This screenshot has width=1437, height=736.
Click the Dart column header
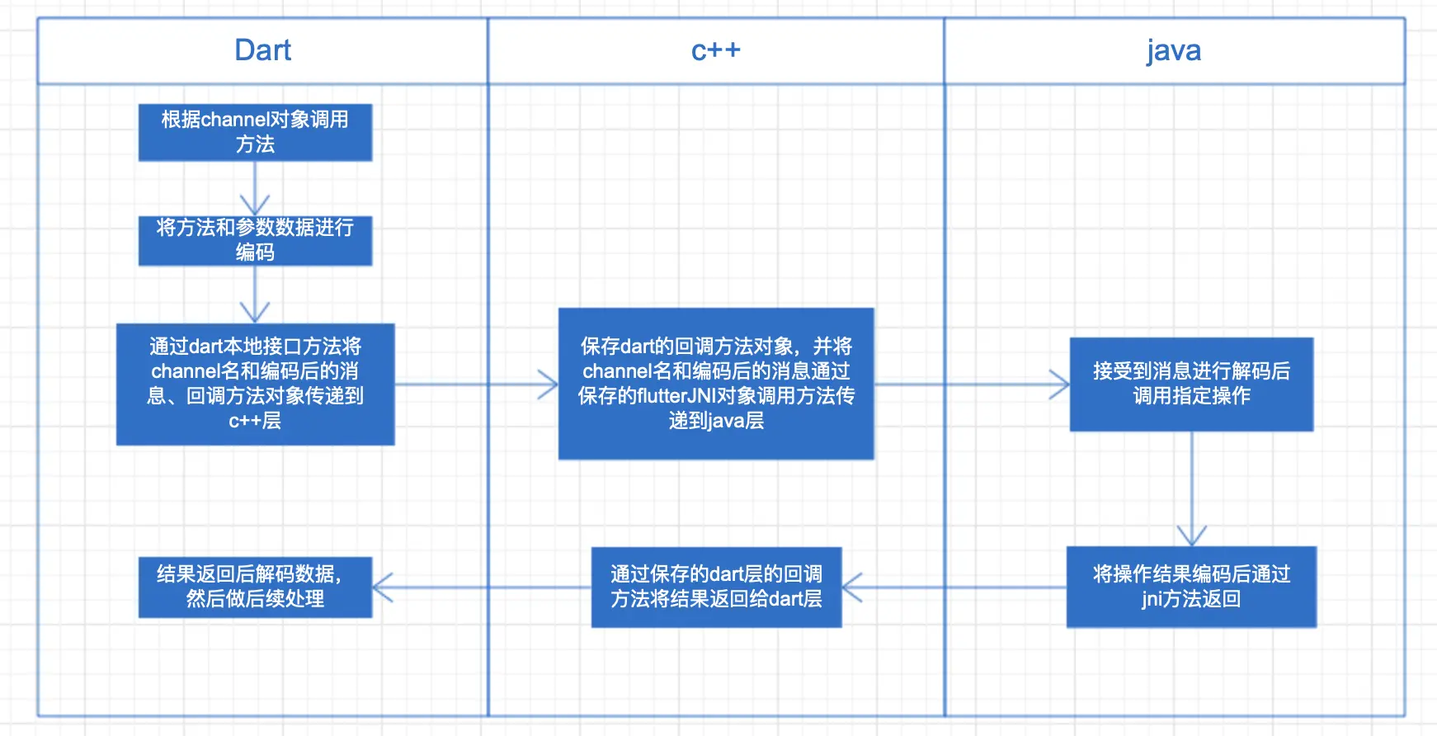[x=262, y=50]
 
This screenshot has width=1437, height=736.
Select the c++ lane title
[x=715, y=50]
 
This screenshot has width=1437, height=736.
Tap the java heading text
[x=1173, y=50]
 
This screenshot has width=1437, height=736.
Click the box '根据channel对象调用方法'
[x=255, y=132]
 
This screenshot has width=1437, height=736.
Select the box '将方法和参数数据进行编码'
[x=255, y=240]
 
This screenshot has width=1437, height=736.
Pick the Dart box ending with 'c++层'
[x=255, y=384]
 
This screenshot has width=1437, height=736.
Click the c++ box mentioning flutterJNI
[x=715, y=384]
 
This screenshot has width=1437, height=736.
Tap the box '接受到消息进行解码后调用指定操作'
[x=1190, y=384]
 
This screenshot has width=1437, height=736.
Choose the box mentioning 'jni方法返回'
[x=1190, y=587]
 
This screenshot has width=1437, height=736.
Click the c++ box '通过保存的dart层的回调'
[x=715, y=587]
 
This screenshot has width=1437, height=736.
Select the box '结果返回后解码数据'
[x=255, y=587]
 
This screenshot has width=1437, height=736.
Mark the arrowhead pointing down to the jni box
[x=1191, y=536]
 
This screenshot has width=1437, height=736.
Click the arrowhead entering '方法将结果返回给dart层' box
[x=850, y=587]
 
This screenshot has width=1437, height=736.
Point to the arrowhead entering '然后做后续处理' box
[x=382, y=587]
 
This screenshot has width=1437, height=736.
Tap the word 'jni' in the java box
[x=1152, y=599]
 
